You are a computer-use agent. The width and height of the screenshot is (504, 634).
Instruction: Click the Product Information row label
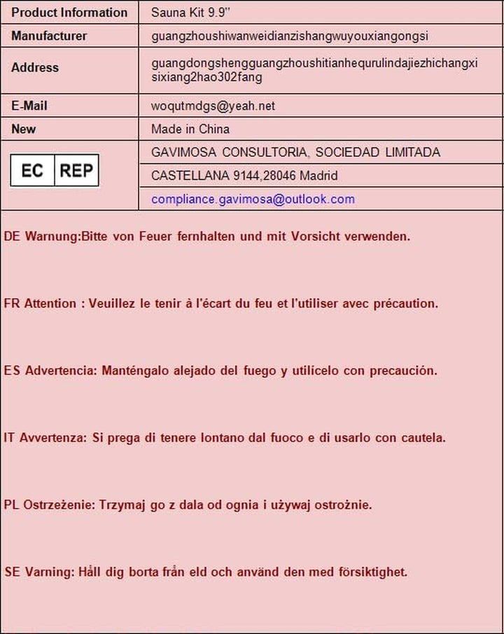pyautogui.click(x=69, y=13)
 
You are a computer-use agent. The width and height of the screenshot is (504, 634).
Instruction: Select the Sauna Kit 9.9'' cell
pyautogui.click(x=184, y=13)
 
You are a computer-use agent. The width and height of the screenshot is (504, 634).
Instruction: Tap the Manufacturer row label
pyautogui.click(x=49, y=36)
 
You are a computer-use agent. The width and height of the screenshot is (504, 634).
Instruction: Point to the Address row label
pyautogui.click(x=35, y=68)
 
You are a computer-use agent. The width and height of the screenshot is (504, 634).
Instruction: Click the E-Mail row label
pyautogui.click(x=29, y=106)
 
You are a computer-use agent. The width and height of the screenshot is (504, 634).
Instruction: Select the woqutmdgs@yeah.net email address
pyautogui.click(x=213, y=106)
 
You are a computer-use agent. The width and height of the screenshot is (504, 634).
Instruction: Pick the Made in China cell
pyautogui.click(x=190, y=129)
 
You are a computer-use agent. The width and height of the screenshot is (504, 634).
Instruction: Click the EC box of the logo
pyautogui.click(x=32, y=171)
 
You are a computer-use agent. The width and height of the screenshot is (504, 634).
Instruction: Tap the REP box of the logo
pyautogui.click(x=76, y=171)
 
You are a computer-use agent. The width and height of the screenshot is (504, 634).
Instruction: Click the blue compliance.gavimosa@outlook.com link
pyautogui.click(x=253, y=199)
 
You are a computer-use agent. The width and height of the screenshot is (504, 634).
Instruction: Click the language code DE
pyautogui.click(x=12, y=237)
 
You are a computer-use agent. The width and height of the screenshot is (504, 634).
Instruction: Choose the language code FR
pyautogui.click(x=12, y=304)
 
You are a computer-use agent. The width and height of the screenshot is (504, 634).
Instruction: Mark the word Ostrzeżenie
pyautogui.click(x=59, y=505)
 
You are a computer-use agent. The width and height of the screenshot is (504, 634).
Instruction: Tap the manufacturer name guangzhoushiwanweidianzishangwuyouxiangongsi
pyautogui.click(x=290, y=36)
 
